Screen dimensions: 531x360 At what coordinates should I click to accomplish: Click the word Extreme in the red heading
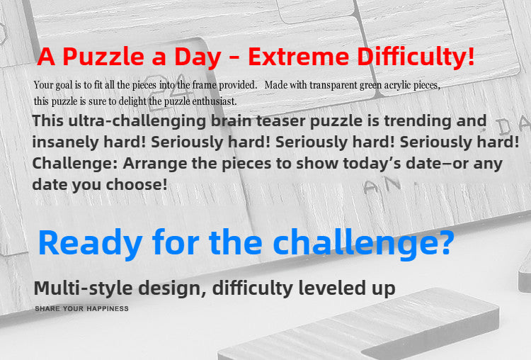(x=298, y=57)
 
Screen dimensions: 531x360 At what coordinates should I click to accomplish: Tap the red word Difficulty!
(x=416, y=57)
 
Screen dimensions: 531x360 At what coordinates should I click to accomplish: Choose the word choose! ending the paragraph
(x=137, y=184)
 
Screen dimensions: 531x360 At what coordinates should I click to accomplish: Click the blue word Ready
(x=90, y=243)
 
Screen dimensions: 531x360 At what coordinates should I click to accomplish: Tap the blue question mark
(x=443, y=242)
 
